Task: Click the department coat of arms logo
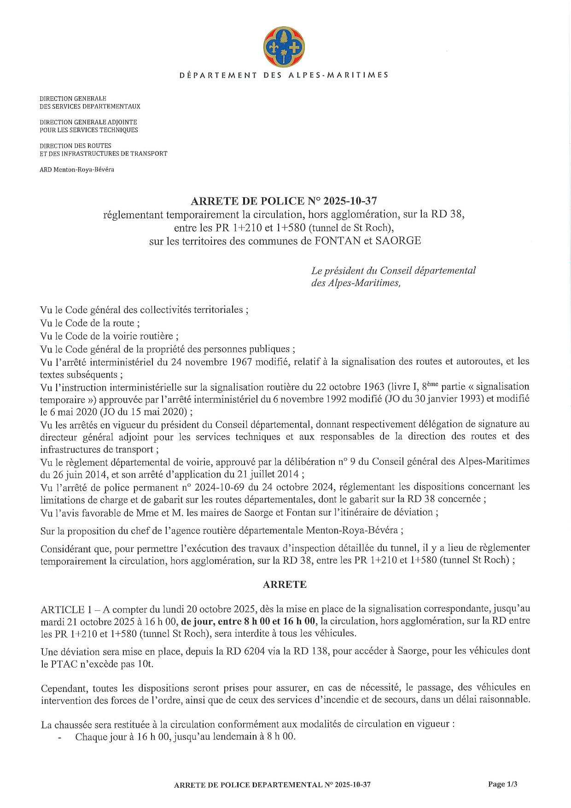point(285,47)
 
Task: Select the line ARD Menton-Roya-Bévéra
point(77,170)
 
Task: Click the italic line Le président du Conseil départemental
point(393,270)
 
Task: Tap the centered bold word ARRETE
point(285,585)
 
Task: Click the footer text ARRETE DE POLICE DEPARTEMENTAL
point(246,785)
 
